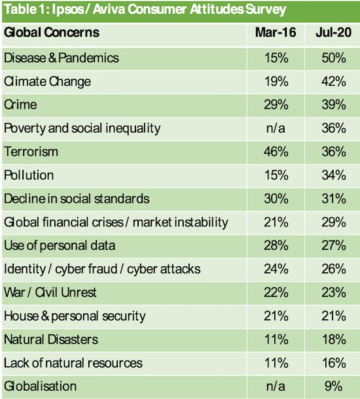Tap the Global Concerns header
coord(52,32)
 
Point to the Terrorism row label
coord(31,152)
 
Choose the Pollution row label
coord(29,175)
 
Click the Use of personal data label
coord(60,245)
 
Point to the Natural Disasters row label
coord(50,339)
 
